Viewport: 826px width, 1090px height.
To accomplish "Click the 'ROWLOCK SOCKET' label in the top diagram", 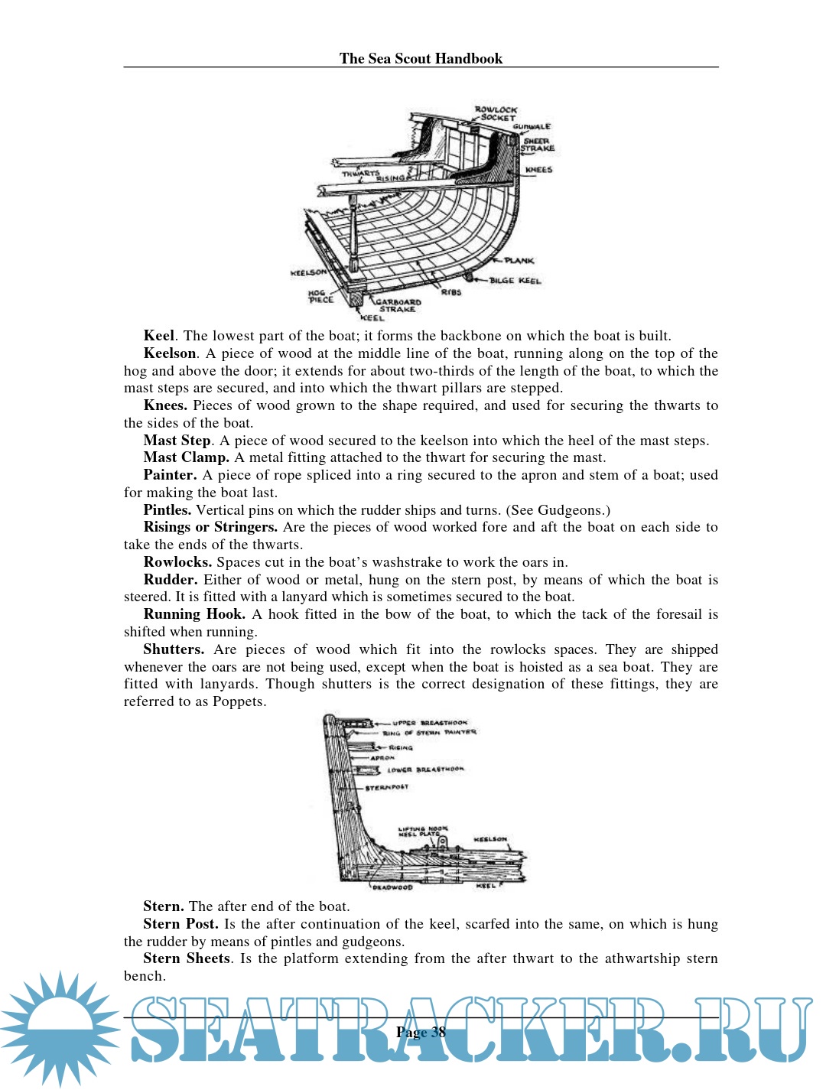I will pos(496,114).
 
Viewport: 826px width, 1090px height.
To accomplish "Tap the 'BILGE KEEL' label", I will pos(515,281).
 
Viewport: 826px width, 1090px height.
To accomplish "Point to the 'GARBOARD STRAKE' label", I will pos(398,305).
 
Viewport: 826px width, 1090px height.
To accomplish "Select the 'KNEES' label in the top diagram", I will pos(538,170).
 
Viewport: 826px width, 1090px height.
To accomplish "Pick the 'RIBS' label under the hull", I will pos(451,292).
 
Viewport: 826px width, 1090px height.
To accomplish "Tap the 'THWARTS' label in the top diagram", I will pos(359,174).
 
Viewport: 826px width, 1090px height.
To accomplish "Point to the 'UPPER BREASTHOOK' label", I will pos(429,722).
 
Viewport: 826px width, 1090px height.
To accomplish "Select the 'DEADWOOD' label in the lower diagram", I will pos(392,887).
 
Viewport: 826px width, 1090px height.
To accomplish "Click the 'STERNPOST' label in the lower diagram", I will pos(386,786).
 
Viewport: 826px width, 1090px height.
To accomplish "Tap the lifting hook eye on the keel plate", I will pos(441,841).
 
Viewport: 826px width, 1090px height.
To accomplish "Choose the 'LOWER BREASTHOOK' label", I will pos(425,770).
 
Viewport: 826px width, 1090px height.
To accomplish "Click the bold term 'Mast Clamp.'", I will pos(186,457).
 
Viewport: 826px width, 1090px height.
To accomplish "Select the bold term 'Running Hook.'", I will pos(194,614).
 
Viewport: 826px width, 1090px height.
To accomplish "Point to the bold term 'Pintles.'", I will pos(167,510).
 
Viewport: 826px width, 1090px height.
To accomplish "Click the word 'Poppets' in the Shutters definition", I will pos(239,701).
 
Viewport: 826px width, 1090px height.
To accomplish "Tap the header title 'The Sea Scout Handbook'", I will pos(421,58).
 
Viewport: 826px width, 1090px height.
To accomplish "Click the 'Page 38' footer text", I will pos(421,1032).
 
